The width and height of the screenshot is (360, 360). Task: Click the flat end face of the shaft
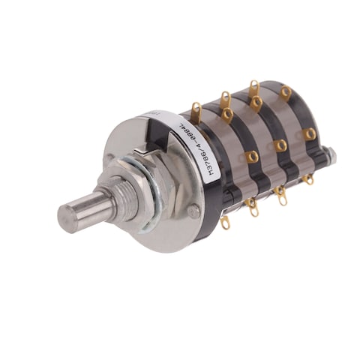[x=68, y=218]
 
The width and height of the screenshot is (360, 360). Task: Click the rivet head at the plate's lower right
[x=193, y=212]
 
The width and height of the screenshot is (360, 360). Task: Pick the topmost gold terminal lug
[x=254, y=88]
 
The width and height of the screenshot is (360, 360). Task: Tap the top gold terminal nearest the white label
[x=196, y=112]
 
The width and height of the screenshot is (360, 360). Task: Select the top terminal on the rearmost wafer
[x=286, y=91]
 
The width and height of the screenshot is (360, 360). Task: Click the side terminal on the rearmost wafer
[x=309, y=133]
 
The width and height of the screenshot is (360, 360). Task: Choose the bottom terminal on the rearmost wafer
[x=307, y=179]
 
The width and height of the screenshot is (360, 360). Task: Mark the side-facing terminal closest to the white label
[x=252, y=157]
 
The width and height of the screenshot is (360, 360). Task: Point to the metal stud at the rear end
[x=331, y=157]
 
